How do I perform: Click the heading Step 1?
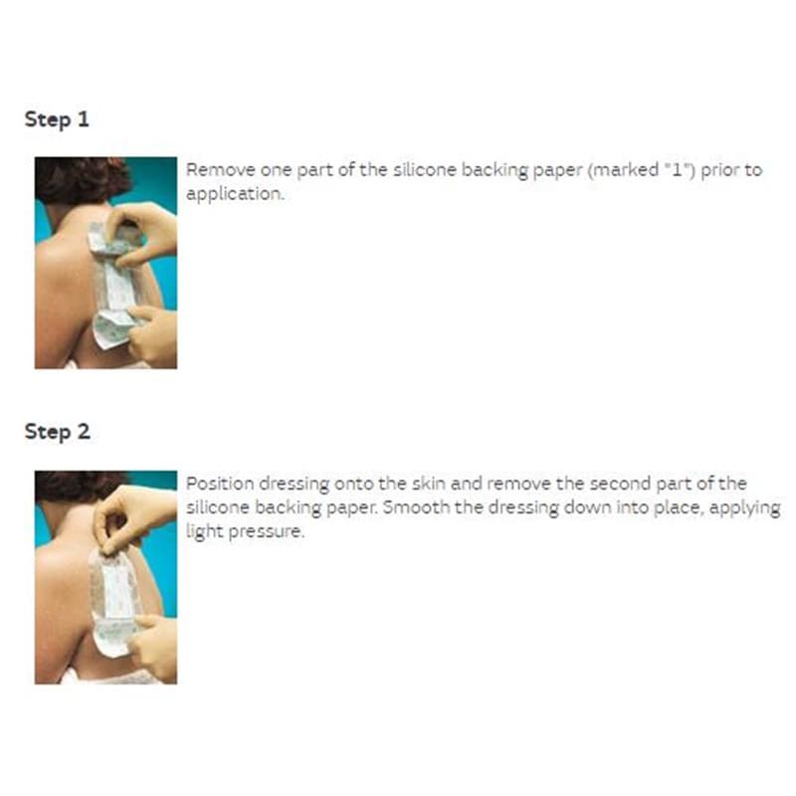[x=57, y=119]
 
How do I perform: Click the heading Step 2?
[x=58, y=432]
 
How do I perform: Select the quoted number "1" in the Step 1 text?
[x=680, y=169]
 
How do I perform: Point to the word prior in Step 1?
[x=720, y=170]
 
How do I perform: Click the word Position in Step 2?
[x=220, y=484]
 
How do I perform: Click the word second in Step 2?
[x=620, y=484]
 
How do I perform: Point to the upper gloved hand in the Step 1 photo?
[x=144, y=234]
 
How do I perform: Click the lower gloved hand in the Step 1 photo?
[x=152, y=335]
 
